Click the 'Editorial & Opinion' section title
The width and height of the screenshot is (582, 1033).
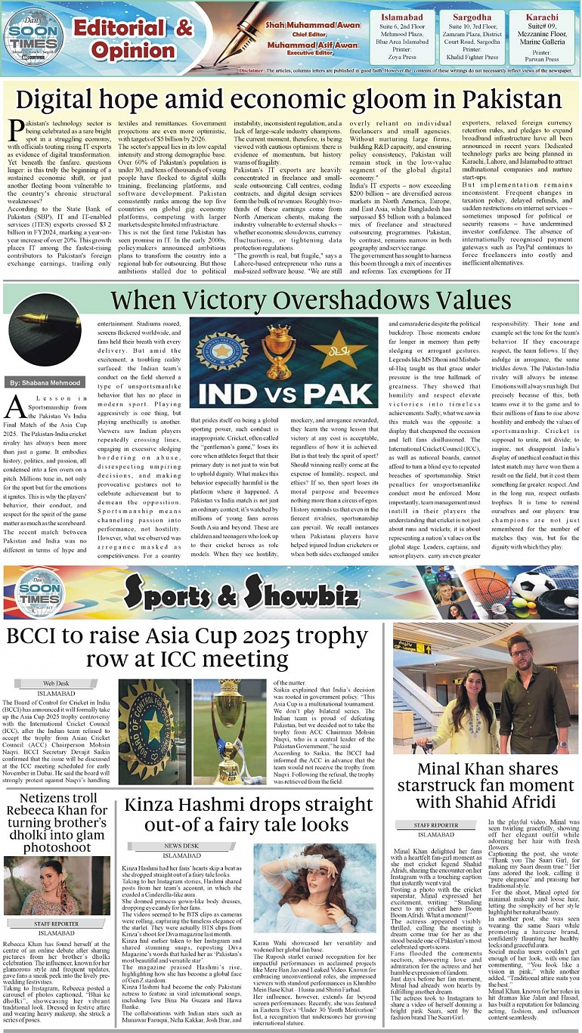[132, 39]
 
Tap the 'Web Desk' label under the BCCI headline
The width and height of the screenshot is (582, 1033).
[56, 683]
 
